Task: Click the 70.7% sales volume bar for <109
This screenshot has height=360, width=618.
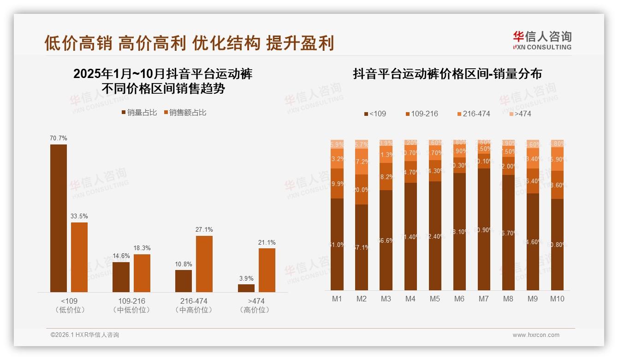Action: (59, 218)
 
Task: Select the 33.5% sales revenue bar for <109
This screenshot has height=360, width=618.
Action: (79, 257)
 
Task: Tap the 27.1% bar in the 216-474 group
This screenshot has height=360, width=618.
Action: (204, 264)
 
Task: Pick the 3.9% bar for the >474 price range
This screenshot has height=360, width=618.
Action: (246, 288)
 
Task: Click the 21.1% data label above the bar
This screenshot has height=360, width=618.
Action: (267, 242)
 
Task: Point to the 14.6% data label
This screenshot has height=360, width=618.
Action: (121, 256)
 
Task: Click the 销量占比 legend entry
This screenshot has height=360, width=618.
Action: (139, 113)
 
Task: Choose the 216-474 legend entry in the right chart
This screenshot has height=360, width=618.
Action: (473, 114)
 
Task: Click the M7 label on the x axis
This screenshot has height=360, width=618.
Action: (483, 299)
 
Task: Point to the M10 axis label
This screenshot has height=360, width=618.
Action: (557, 299)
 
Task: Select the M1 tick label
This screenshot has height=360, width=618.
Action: (337, 299)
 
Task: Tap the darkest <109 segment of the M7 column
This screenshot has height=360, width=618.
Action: (484, 229)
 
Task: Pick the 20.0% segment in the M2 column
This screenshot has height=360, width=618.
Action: (362, 190)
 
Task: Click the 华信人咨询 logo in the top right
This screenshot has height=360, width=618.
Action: (542, 41)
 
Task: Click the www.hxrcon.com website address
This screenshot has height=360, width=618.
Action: (536, 335)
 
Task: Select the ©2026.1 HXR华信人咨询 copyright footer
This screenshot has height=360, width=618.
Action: (84, 335)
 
